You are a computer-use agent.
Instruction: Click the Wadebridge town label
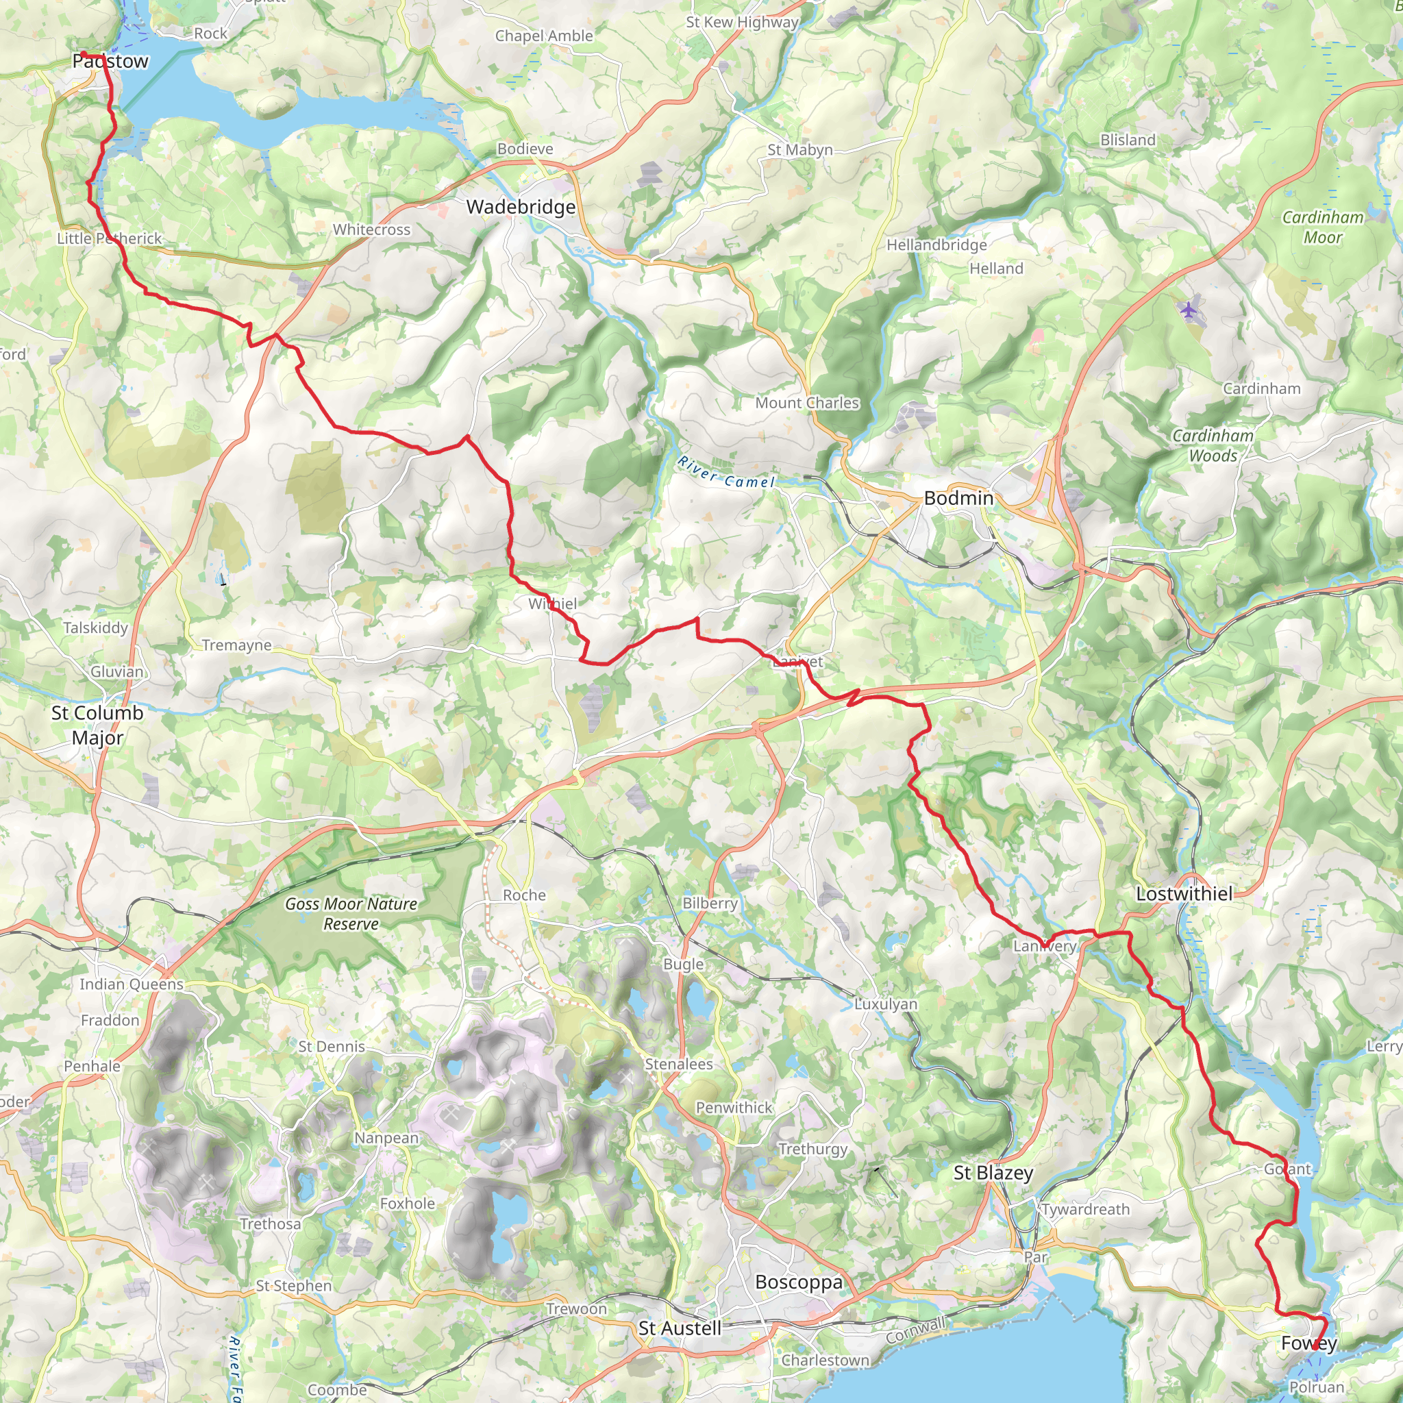click(x=521, y=207)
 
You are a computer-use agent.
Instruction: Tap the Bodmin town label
click(x=958, y=498)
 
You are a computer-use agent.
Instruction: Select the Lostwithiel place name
click(x=1184, y=894)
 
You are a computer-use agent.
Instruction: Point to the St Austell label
click(x=679, y=1328)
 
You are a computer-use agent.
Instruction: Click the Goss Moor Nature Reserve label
click(x=351, y=914)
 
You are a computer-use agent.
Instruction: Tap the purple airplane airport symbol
click(x=1187, y=310)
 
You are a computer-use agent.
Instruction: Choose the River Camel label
click(x=726, y=473)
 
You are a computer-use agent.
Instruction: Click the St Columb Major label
click(x=97, y=725)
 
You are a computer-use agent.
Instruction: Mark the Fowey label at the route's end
click(x=1308, y=1343)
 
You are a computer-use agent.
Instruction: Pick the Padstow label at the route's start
click(x=110, y=61)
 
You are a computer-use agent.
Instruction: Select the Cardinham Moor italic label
click(x=1322, y=227)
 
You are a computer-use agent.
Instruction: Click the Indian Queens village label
click(x=132, y=984)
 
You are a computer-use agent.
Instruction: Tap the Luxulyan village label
click(x=885, y=1004)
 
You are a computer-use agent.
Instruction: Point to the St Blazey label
click(x=993, y=1173)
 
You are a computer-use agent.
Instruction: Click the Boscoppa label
click(x=799, y=1282)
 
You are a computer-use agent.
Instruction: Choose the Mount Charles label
click(x=807, y=403)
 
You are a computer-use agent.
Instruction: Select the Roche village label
click(x=523, y=895)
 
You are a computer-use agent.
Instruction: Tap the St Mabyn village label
click(x=799, y=149)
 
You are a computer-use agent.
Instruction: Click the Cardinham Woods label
click(x=1213, y=445)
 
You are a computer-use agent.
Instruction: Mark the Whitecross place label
click(x=371, y=229)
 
